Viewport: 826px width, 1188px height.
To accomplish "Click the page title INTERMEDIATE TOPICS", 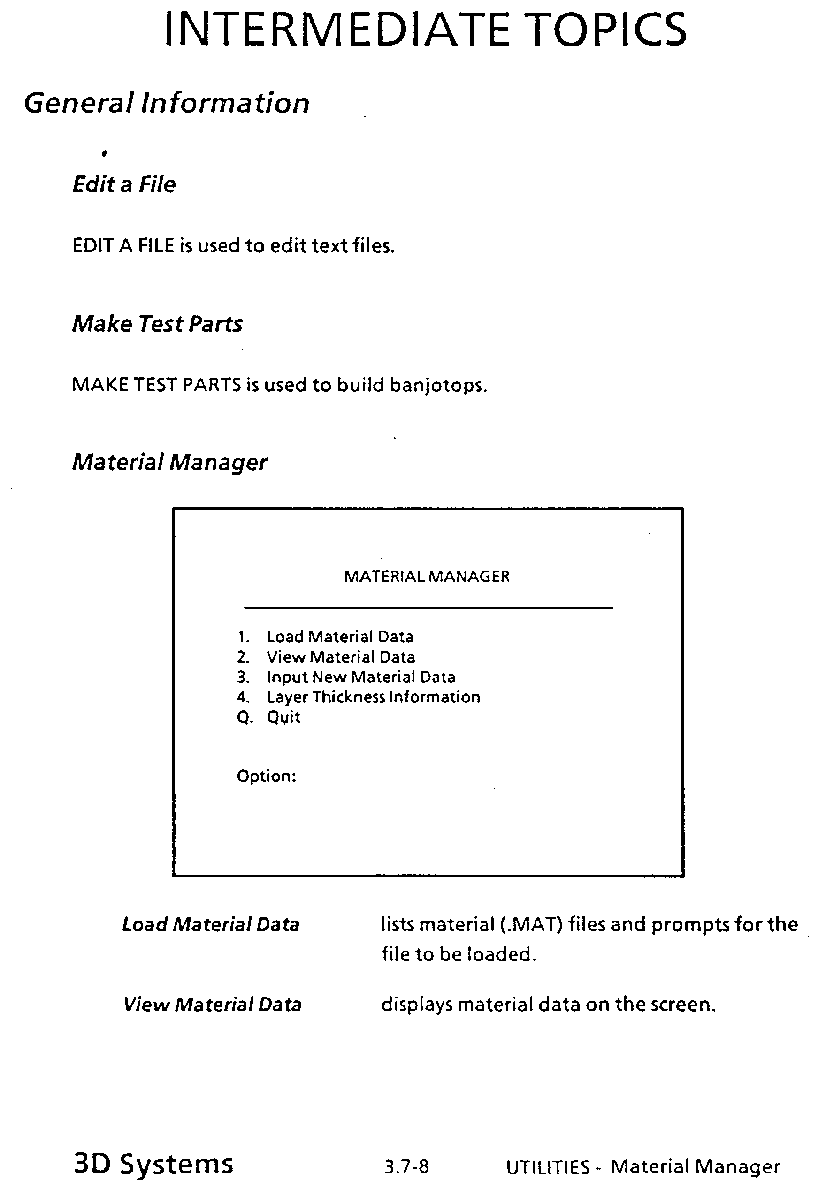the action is (x=425, y=30).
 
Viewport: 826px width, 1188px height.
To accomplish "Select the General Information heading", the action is (x=167, y=103).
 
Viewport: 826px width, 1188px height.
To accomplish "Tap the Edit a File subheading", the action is (x=124, y=185).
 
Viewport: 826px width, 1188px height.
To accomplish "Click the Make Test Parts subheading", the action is (x=157, y=324).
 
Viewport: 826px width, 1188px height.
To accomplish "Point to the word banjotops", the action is (x=437, y=386).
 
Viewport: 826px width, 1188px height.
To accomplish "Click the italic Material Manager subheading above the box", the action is (x=170, y=463).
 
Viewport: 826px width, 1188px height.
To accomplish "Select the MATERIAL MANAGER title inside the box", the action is (x=427, y=577).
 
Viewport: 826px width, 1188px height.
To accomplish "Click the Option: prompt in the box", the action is (x=267, y=776).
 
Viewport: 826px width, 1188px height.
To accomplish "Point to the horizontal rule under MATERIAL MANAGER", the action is (x=428, y=608).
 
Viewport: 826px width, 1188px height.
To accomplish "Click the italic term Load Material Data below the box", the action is (x=211, y=925).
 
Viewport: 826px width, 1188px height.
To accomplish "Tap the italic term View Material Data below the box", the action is (x=212, y=1005).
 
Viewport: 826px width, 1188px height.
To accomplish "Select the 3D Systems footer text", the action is (x=154, y=1164).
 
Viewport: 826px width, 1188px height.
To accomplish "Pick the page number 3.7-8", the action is (x=406, y=1167).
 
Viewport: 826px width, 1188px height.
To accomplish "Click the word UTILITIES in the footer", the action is (x=548, y=1167).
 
